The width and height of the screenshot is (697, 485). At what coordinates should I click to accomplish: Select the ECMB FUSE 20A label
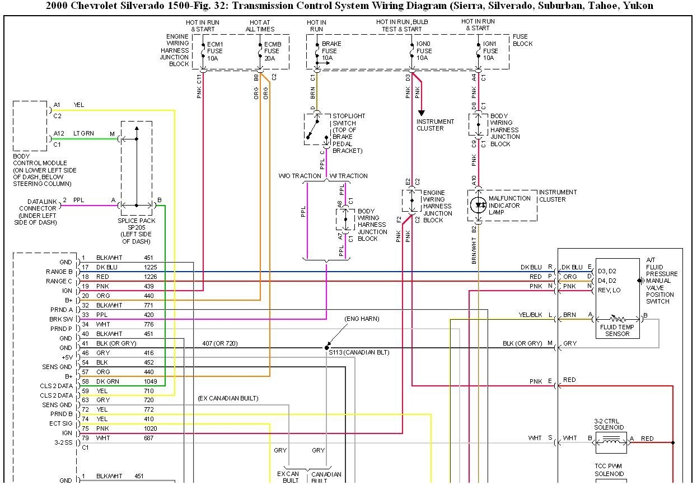click(273, 50)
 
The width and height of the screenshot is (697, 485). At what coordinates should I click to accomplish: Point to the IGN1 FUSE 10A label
click(492, 50)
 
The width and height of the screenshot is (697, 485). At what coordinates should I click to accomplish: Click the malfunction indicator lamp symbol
click(479, 205)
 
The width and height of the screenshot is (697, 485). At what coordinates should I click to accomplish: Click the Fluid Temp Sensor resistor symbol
click(618, 319)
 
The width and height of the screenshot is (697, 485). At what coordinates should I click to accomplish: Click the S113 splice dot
click(326, 348)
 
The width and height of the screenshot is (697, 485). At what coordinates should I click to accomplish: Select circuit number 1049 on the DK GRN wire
click(148, 381)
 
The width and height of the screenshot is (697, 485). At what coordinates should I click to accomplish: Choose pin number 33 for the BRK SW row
click(85, 315)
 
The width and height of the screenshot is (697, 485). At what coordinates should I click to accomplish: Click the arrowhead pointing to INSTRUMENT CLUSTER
click(422, 113)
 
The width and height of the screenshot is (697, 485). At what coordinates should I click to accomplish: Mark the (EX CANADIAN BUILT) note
click(228, 398)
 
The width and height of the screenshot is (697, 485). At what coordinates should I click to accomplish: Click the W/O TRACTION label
click(300, 176)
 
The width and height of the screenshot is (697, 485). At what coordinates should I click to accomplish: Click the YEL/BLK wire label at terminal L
click(531, 315)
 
